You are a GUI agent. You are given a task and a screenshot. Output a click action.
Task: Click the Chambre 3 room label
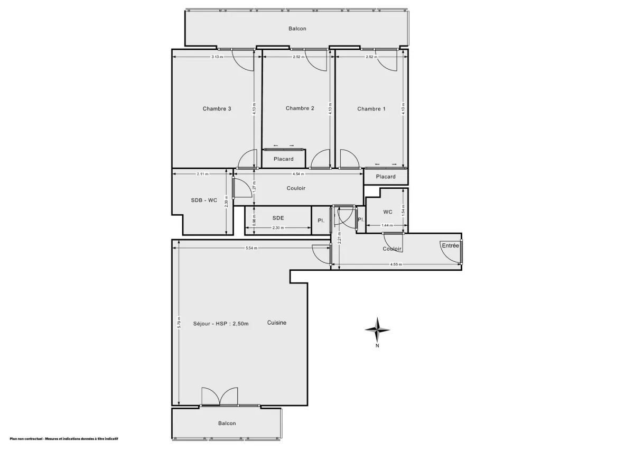coord(217,109)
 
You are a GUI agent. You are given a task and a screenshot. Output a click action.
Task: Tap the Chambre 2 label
coord(300,108)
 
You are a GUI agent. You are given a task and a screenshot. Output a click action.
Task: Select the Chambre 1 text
coord(371,109)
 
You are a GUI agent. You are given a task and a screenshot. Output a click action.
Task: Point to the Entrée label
coord(451,245)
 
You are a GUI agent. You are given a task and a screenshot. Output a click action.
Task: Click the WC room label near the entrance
coord(388,212)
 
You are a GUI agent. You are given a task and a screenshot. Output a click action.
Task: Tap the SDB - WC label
coord(204,200)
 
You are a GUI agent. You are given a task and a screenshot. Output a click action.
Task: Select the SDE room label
coord(278,218)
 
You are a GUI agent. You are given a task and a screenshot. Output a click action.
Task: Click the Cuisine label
coord(277,323)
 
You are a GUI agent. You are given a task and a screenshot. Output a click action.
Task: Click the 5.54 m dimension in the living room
coord(251,249)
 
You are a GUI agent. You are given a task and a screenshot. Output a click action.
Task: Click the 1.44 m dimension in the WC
coord(388,226)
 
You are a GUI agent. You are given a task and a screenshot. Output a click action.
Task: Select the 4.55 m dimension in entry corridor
coord(396,264)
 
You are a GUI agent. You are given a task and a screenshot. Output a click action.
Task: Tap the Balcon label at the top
coord(297,29)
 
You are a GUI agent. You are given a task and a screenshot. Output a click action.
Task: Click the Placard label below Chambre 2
coord(283,159)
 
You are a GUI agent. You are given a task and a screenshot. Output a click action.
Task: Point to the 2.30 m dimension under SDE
coord(278,228)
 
